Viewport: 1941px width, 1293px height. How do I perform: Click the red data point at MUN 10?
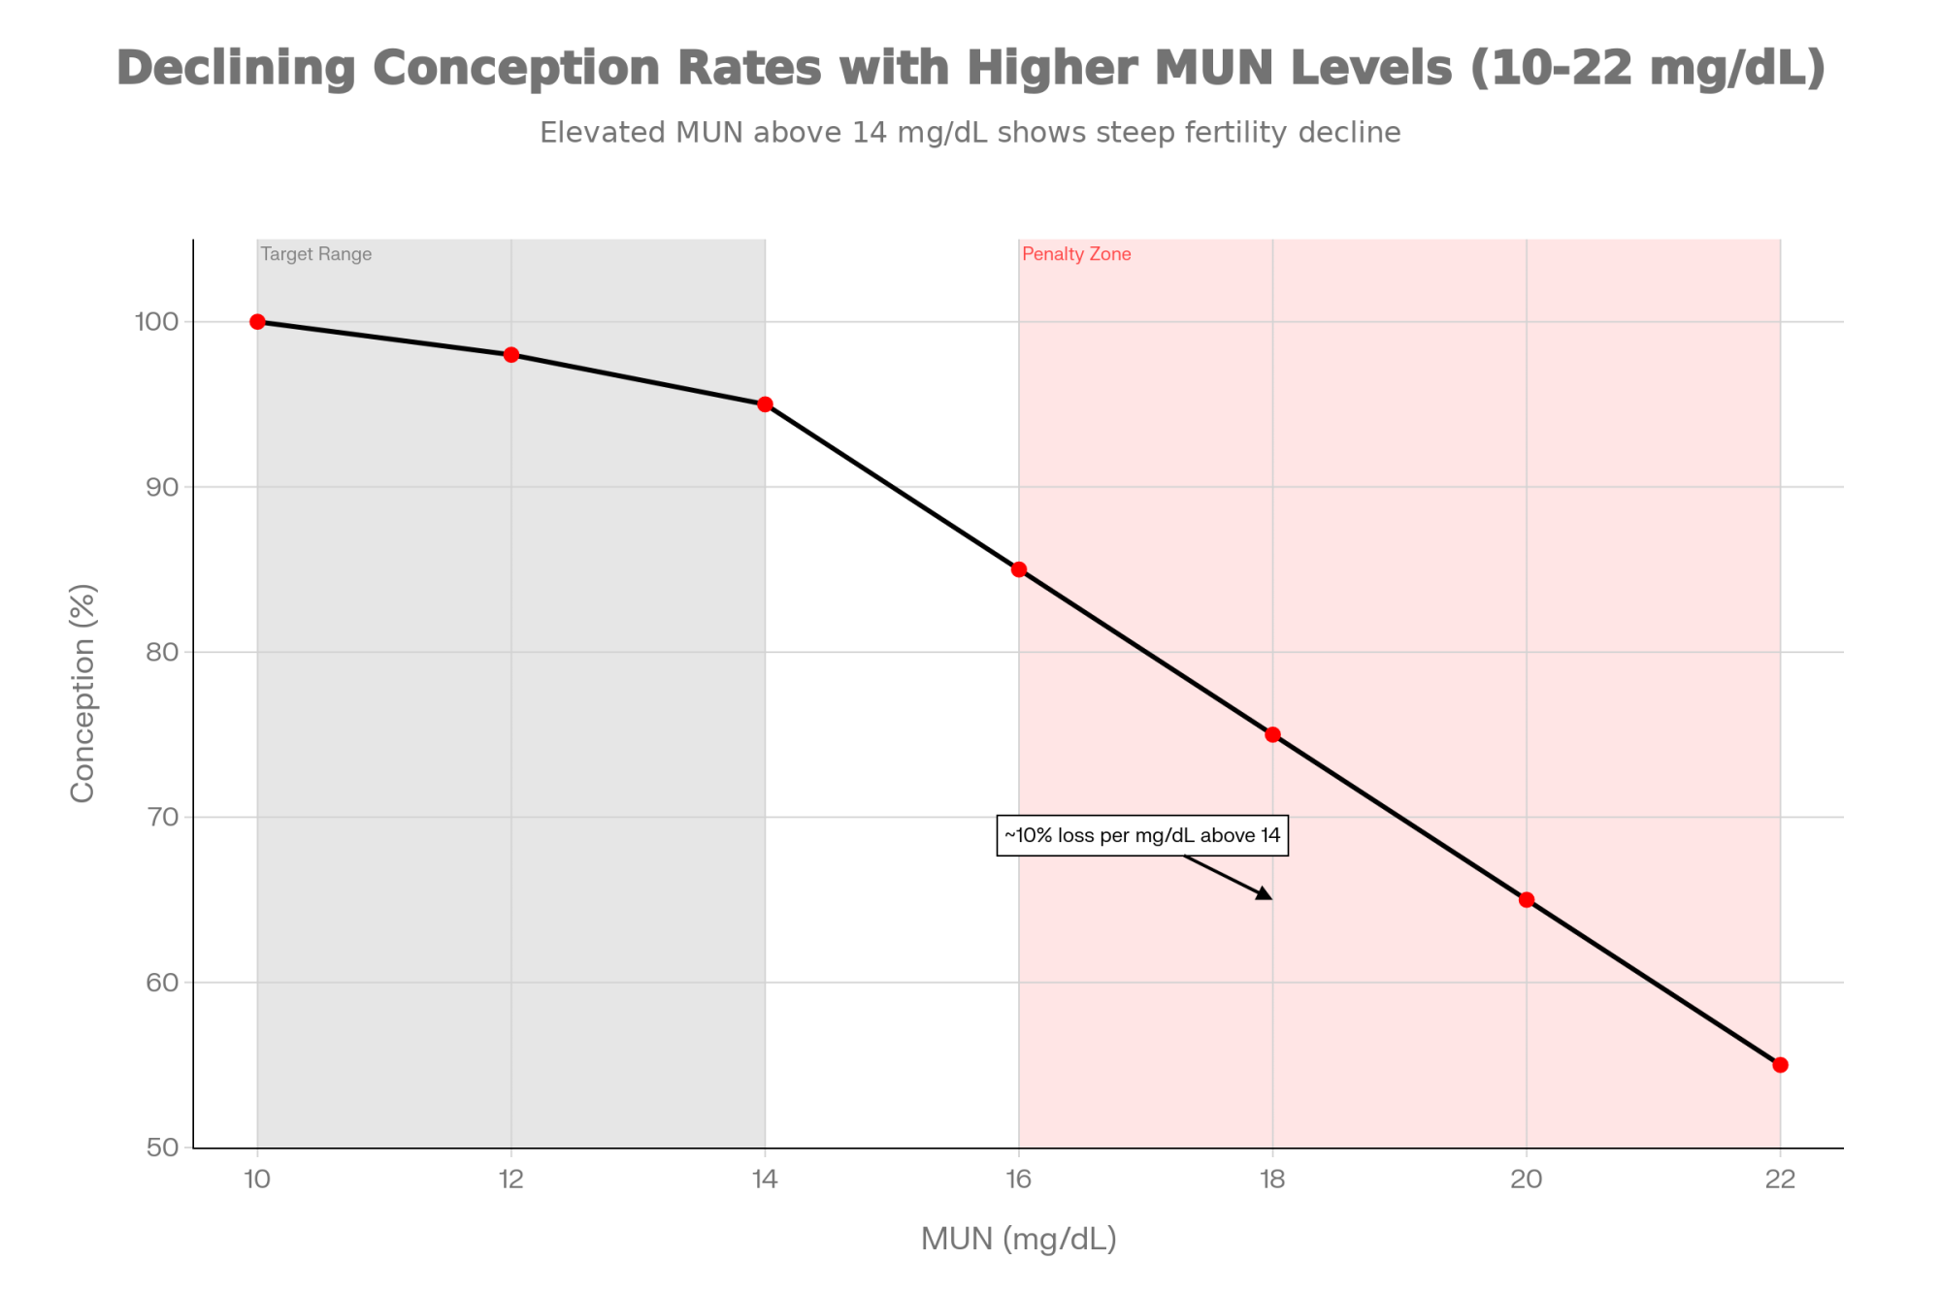257,322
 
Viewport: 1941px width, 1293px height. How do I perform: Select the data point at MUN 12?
511,355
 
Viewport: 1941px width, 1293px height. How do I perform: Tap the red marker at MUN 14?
765,404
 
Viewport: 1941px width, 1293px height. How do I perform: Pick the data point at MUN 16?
1019,569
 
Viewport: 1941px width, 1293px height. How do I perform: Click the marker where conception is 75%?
1272,734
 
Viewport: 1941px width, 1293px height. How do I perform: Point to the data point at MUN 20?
1527,900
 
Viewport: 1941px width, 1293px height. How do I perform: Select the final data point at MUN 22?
1780,1065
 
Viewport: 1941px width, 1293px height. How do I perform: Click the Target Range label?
316,254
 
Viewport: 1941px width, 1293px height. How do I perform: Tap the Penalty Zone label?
1076,254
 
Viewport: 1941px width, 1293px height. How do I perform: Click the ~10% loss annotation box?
1142,835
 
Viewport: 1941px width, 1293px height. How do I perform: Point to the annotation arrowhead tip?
1270,898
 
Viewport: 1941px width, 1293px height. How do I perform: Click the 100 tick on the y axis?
156,322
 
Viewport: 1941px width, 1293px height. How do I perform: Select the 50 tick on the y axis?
163,1148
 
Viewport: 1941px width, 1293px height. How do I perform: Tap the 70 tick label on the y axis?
163,817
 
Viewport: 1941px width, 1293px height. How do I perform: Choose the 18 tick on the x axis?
1272,1180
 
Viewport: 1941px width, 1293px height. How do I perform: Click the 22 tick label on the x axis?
1780,1180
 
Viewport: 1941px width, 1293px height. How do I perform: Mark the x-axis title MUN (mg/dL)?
1019,1240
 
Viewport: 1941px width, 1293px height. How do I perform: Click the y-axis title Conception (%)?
83,694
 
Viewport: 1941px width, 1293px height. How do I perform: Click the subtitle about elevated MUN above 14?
970,133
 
